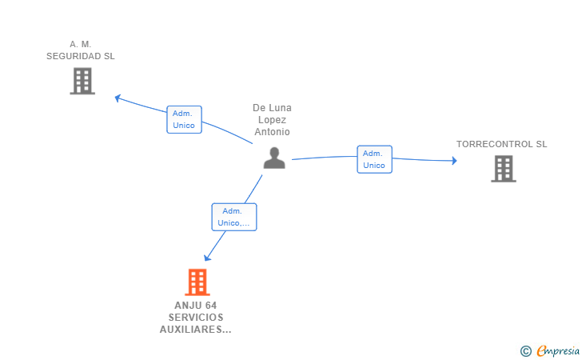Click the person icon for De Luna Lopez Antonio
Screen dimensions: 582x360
274,158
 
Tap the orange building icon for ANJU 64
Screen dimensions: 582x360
197,282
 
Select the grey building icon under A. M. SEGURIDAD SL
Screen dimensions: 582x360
82,81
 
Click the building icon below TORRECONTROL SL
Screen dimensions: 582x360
504,169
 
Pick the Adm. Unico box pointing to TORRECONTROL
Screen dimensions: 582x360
374,159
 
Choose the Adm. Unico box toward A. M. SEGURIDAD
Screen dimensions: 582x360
184,120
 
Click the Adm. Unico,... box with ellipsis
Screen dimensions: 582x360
233,217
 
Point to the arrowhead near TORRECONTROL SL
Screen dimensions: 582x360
454,161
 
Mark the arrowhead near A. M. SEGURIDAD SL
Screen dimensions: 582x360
118,98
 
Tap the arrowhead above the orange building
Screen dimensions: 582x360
207,258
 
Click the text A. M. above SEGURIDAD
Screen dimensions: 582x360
81,44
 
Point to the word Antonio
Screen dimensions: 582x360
272,132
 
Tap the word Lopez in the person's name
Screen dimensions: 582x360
272,120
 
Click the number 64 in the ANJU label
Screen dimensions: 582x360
211,306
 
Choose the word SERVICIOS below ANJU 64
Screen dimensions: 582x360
196,318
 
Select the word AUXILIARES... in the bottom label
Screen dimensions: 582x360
196,330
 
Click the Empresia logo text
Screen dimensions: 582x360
558,351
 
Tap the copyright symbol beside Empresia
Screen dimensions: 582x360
526,351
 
